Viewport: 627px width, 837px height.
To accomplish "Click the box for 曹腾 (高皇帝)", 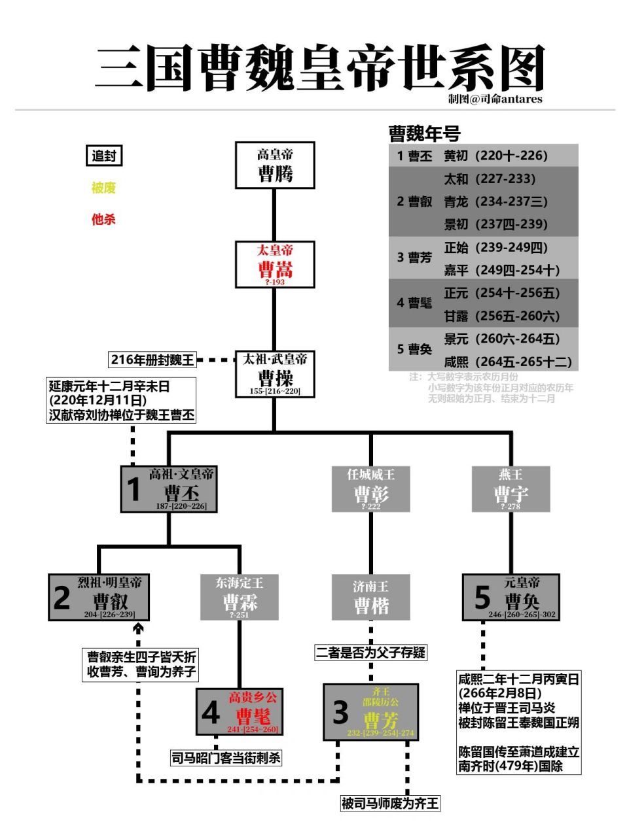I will pos(275,165).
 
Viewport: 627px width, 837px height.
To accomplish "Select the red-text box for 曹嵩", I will pos(275,264).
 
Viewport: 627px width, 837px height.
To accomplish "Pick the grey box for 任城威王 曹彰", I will pos(370,488).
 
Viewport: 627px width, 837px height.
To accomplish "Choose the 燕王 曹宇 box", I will pos(511,488).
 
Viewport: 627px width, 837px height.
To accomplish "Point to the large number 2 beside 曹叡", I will pos(62,598).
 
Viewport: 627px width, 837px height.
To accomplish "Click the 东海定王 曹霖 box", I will pos(240,597).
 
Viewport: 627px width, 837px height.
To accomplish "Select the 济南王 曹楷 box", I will pos(370,597).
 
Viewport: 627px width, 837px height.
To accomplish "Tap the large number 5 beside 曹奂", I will pos(482,598).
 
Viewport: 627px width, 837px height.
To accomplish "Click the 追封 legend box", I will pos(104,156).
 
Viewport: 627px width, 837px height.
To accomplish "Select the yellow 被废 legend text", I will pos(103,188).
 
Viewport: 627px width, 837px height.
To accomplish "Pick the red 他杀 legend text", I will pos(103,219).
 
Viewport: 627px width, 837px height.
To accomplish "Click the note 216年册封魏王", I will pos(152,360).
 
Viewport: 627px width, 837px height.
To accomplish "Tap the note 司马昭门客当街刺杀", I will pos(226,758).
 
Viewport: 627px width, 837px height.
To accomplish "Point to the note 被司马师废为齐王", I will pos(390,803).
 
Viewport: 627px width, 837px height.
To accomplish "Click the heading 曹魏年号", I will pos(424,134).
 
